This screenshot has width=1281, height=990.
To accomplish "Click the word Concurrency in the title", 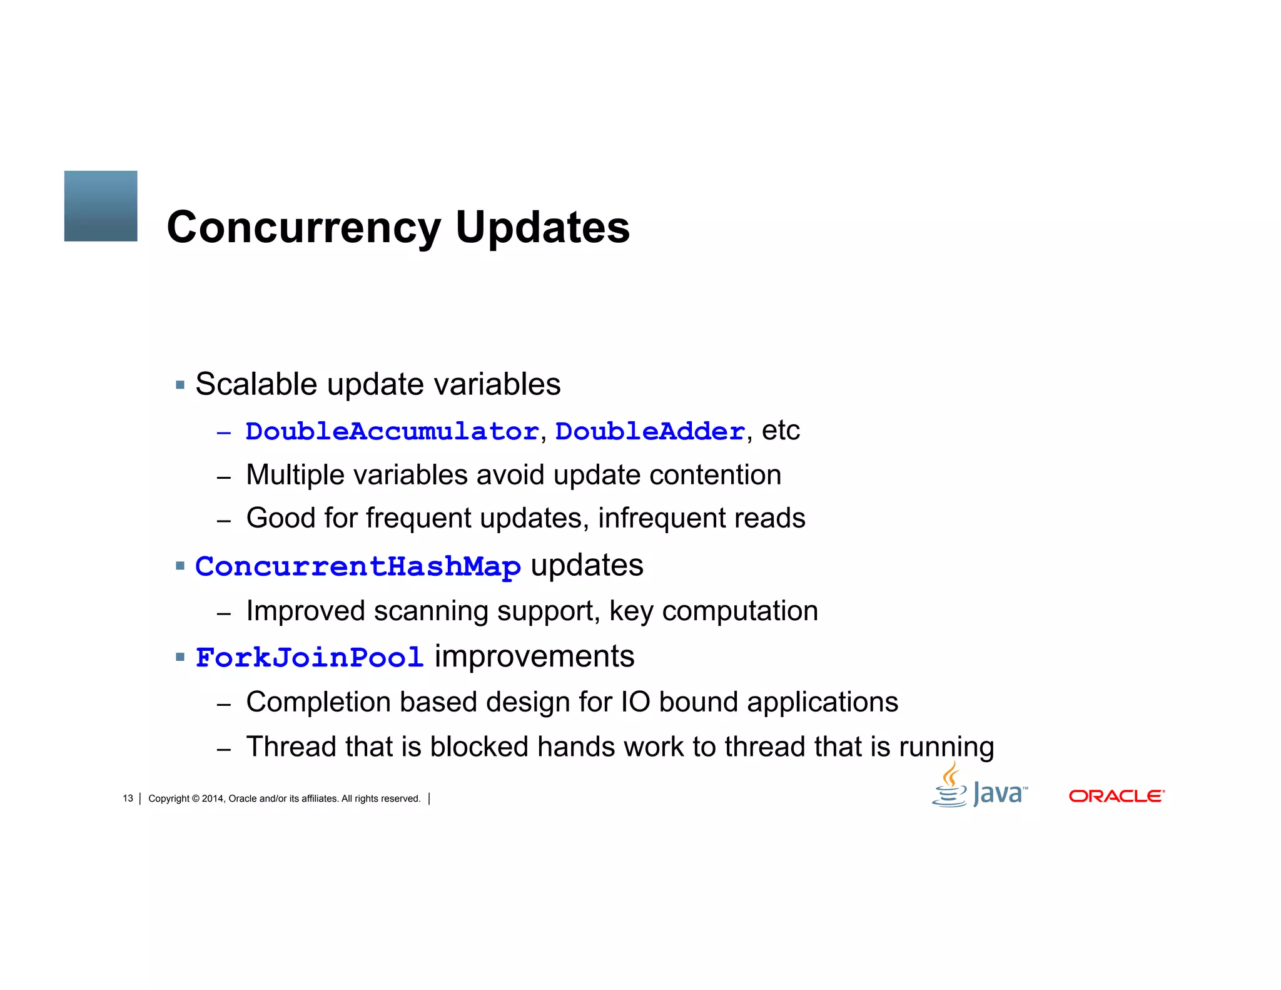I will pyautogui.click(x=304, y=228).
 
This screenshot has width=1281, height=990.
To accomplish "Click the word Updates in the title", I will pyautogui.click(x=542, y=228).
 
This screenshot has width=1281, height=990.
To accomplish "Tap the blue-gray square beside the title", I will pyautogui.click(x=101, y=206).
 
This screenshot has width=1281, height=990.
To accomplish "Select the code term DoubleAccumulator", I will pyautogui.click(x=392, y=432).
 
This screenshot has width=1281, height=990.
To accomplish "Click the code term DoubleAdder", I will pyautogui.click(x=650, y=432).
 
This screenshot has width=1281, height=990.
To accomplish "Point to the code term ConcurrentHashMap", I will pyautogui.click(x=358, y=567).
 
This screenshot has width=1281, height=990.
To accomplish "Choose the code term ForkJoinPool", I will pyautogui.click(x=310, y=658).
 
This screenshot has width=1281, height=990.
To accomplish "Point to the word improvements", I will pyautogui.click(x=534, y=657).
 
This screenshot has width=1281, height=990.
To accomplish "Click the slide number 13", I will pyautogui.click(x=128, y=799).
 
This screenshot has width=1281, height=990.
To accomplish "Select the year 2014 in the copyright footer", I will pyautogui.click(x=212, y=799).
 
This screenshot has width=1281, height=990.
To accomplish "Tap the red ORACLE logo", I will pyautogui.click(x=1116, y=796).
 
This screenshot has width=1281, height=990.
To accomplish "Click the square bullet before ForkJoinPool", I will pyautogui.click(x=180, y=657).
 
